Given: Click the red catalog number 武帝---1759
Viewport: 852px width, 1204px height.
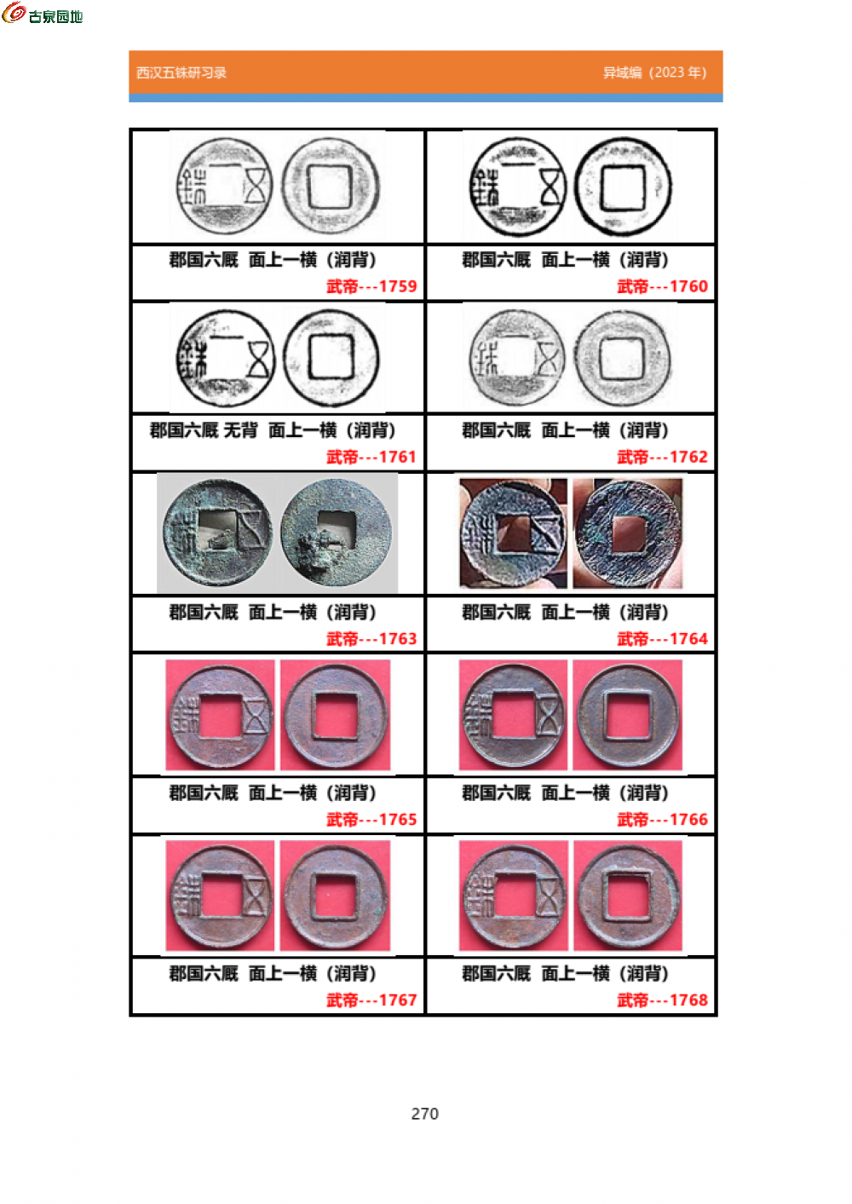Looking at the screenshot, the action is coord(371,286).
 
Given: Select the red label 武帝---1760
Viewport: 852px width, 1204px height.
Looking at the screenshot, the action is coord(662,286).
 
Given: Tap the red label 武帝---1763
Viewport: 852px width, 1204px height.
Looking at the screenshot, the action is coord(371,638).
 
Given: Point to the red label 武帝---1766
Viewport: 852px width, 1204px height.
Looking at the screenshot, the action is coord(662,819).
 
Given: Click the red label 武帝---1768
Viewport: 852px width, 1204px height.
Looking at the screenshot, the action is coord(662,999).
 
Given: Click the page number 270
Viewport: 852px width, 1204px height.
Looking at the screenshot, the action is coord(424,1114).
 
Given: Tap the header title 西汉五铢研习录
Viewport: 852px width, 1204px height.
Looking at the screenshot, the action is coord(181,72).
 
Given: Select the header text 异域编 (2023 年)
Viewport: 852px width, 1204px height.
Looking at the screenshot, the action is coord(654,72).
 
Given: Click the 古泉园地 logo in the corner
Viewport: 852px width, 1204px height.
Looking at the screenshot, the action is coord(42,13).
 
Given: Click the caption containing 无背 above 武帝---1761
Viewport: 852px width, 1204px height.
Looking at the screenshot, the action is coord(273,430).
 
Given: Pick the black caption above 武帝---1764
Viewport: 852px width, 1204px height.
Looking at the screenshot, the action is coord(565,612).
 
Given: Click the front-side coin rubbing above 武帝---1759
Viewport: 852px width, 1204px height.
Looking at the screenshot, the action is coord(225,186).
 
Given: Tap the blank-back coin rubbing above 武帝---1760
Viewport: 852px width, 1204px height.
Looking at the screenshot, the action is coord(623,187).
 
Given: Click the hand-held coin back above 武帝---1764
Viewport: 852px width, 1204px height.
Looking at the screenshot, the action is coord(627,533).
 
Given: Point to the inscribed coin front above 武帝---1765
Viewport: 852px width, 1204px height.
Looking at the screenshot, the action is coord(221,716).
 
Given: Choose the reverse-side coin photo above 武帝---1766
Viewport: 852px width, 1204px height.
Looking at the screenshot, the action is coord(628,716).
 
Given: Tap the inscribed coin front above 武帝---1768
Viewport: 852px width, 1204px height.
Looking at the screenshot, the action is coord(514,896).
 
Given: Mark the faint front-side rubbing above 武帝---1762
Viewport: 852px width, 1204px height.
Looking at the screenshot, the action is coord(517,357).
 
